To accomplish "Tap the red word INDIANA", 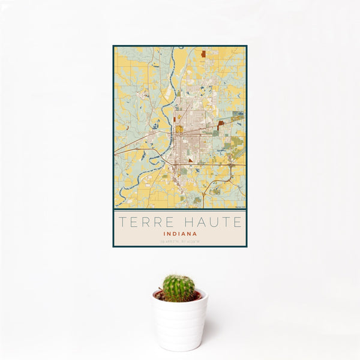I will pos(179,233).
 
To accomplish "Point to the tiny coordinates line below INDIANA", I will pos(179,241).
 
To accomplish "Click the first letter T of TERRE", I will pos(122,222).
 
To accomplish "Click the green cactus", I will pos(178,287).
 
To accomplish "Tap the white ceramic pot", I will pos(179,324).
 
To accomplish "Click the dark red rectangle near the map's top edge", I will pos(203,53).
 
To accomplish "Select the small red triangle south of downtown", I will pos(191,160).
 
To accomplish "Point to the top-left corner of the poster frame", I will pos(113,46).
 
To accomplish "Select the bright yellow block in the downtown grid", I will pos(179,128).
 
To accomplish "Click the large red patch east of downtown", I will pos(221,122).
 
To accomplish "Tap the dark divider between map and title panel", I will pos(179,209).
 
